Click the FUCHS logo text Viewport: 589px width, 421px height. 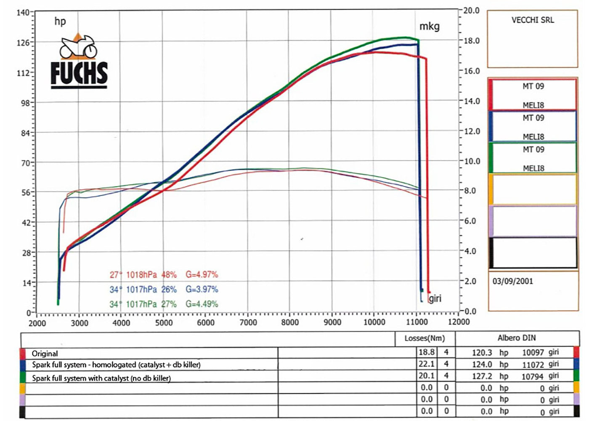(x=79, y=73)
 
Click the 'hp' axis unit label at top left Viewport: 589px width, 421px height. (x=60, y=21)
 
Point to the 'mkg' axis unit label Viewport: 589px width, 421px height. (x=429, y=27)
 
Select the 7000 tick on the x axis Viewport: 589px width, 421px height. (x=248, y=322)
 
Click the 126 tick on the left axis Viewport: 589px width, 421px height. (x=23, y=43)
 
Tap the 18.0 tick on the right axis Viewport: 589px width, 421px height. (x=471, y=41)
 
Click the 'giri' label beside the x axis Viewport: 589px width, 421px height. (x=435, y=298)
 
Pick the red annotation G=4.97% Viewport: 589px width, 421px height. (x=202, y=274)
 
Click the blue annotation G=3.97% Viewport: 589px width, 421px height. (x=202, y=289)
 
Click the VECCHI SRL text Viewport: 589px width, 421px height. (x=533, y=20)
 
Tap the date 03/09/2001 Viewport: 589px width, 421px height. (x=512, y=281)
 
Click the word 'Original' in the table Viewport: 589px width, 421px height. (x=45, y=354)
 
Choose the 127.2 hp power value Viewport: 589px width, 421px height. (x=482, y=376)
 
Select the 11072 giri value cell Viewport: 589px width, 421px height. (x=533, y=365)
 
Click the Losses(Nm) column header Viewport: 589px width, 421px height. (x=425, y=338)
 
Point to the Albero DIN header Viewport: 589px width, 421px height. (x=517, y=338)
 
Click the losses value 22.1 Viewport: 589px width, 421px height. (x=426, y=364)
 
